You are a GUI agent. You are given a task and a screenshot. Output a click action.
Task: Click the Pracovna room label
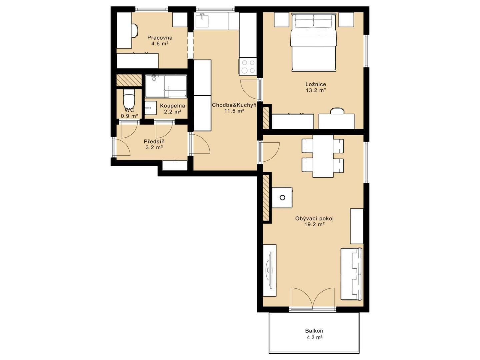click(160, 38)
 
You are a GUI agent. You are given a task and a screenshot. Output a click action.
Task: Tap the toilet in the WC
click(129, 99)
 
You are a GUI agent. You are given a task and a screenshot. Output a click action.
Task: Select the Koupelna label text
click(172, 106)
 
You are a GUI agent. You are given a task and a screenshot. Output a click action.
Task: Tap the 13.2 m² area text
click(316, 90)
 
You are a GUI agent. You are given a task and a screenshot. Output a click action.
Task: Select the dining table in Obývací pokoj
click(323, 156)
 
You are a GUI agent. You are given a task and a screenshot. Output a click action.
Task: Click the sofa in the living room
click(352, 274)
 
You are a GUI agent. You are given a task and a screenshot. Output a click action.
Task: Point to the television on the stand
click(269, 270)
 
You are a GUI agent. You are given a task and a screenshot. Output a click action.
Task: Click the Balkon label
click(314, 331)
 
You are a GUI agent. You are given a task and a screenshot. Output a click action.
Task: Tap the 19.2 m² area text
click(314, 224)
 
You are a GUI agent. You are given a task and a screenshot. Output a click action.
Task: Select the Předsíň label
click(154, 141)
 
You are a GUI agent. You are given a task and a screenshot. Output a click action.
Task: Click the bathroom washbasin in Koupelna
click(150, 108)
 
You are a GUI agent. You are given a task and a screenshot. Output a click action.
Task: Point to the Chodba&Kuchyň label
click(234, 105)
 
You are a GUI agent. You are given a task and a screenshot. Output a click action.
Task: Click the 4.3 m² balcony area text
click(315, 337)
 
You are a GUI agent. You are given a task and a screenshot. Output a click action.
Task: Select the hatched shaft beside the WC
click(129, 80)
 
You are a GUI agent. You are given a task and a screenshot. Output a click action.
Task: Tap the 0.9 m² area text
click(130, 116)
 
